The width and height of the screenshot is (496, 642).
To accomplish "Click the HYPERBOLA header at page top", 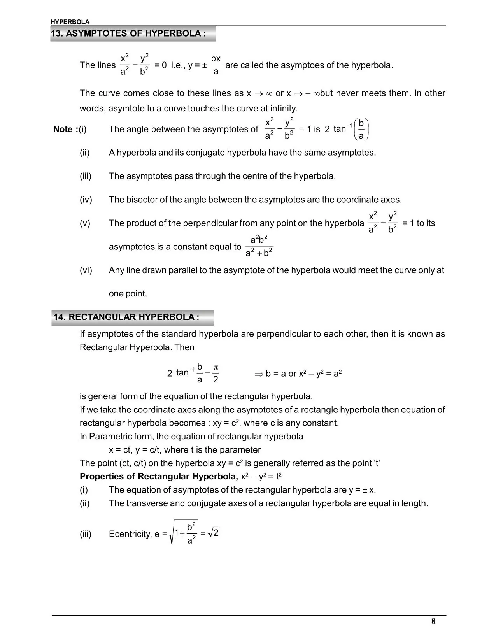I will point(70,22).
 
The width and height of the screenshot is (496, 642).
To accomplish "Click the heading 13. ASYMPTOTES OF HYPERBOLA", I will point(128,33).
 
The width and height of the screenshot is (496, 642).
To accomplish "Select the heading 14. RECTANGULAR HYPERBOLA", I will point(126,317).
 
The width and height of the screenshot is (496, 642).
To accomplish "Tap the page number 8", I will point(433,621).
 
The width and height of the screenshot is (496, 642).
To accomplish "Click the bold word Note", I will point(63,129).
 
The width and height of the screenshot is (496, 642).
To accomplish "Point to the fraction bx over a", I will point(216,65).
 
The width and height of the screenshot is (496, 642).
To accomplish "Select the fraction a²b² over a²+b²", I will point(259,246).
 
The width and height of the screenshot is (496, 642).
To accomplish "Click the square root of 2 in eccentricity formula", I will point(214,533).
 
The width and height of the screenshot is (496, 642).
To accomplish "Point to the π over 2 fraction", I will point(216,374).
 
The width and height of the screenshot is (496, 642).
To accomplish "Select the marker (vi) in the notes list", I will point(86,270).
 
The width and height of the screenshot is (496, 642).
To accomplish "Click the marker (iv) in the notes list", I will point(86,200).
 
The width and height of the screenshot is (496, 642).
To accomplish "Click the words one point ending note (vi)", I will point(128,294).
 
